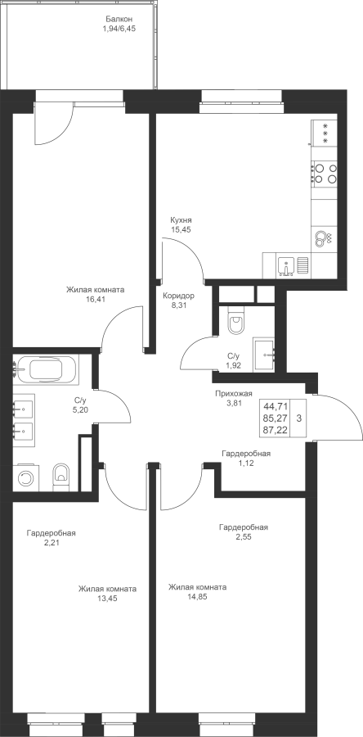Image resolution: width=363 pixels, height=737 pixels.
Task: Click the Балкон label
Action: point(119,20)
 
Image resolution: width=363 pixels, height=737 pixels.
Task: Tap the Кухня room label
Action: point(181,220)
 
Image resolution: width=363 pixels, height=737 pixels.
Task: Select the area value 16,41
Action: point(95,299)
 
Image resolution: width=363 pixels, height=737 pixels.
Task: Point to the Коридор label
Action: point(178,296)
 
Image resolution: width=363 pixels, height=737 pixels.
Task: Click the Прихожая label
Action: point(234,393)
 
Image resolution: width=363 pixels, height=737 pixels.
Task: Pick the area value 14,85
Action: point(197,597)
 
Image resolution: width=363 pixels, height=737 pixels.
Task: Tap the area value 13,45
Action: point(107,599)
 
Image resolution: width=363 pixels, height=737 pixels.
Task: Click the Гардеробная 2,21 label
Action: point(52,538)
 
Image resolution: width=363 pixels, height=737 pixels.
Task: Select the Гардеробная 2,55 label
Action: point(244,531)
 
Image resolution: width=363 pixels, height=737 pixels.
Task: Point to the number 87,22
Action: point(276,430)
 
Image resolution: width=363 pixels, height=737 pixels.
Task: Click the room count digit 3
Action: point(299,418)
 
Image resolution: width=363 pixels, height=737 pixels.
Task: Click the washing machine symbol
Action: point(26,478)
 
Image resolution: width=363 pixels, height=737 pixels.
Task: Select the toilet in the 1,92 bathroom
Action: point(235,320)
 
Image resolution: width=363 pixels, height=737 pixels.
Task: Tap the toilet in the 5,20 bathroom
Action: point(61,477)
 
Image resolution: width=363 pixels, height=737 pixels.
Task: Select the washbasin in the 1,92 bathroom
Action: point(264,354)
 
